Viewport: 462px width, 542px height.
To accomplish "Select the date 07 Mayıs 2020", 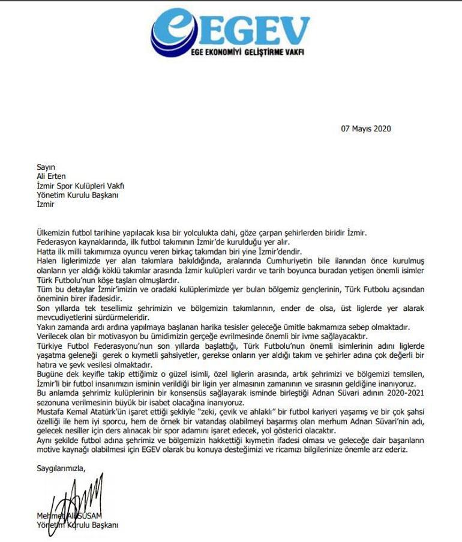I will (x=365, y=128).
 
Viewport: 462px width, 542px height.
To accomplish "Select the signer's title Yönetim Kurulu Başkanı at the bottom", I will (x=77, y=525).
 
